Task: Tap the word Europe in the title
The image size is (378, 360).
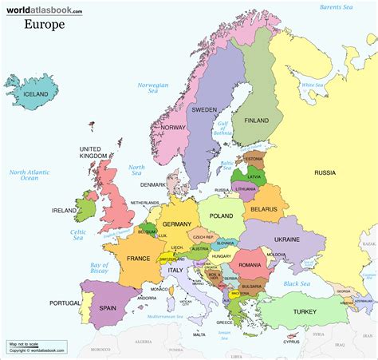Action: click(x=45, y=24)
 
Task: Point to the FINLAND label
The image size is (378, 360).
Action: click(x=256, y=121)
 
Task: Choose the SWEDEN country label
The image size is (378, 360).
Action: click(x=204, y=109)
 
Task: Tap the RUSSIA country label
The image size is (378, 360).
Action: click(x=325, y=172)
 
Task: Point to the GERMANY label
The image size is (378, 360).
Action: click(x=177, y=225)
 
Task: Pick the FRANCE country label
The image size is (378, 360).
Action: click(x=138, y=259)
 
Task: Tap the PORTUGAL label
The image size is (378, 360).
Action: click(x=65, y=303)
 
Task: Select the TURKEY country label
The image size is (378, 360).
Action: click(x=304, y=311)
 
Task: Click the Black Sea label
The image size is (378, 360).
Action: click(x=296, y=283)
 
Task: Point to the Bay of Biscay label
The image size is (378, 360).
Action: click(x=99, y=268)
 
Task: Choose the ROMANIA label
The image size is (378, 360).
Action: click(x=250, y=264)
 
